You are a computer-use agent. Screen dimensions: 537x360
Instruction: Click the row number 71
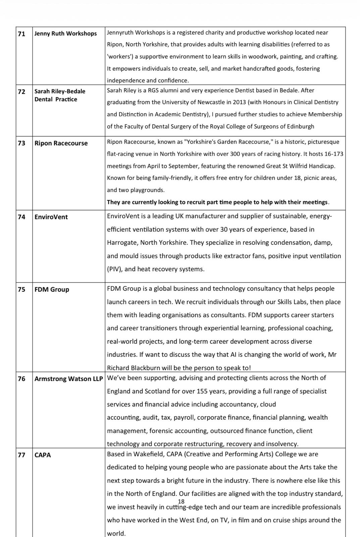(x=21, y=34)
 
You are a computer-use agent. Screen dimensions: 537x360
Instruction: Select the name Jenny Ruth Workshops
(x=65, y=34)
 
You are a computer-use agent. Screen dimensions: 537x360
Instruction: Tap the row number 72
(x=21, y=91)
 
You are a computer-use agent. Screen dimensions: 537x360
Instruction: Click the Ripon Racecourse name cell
(x=61, y=143)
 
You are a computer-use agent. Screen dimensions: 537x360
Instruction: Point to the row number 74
(x=21, y=217)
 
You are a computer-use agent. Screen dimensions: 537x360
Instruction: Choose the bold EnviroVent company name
(x=51, y=217)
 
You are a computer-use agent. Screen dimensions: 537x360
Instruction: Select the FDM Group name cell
(x=52, y=290)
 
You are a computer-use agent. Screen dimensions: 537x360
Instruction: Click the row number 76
(x=21, y=379)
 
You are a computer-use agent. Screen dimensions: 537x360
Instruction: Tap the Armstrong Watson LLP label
(x=68, y=379)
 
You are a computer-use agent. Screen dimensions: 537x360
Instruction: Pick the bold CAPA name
(x=43, y=455)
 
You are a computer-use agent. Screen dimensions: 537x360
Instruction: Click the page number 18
(x=181, y=501)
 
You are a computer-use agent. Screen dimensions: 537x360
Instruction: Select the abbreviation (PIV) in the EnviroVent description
(x=114, y=269)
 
